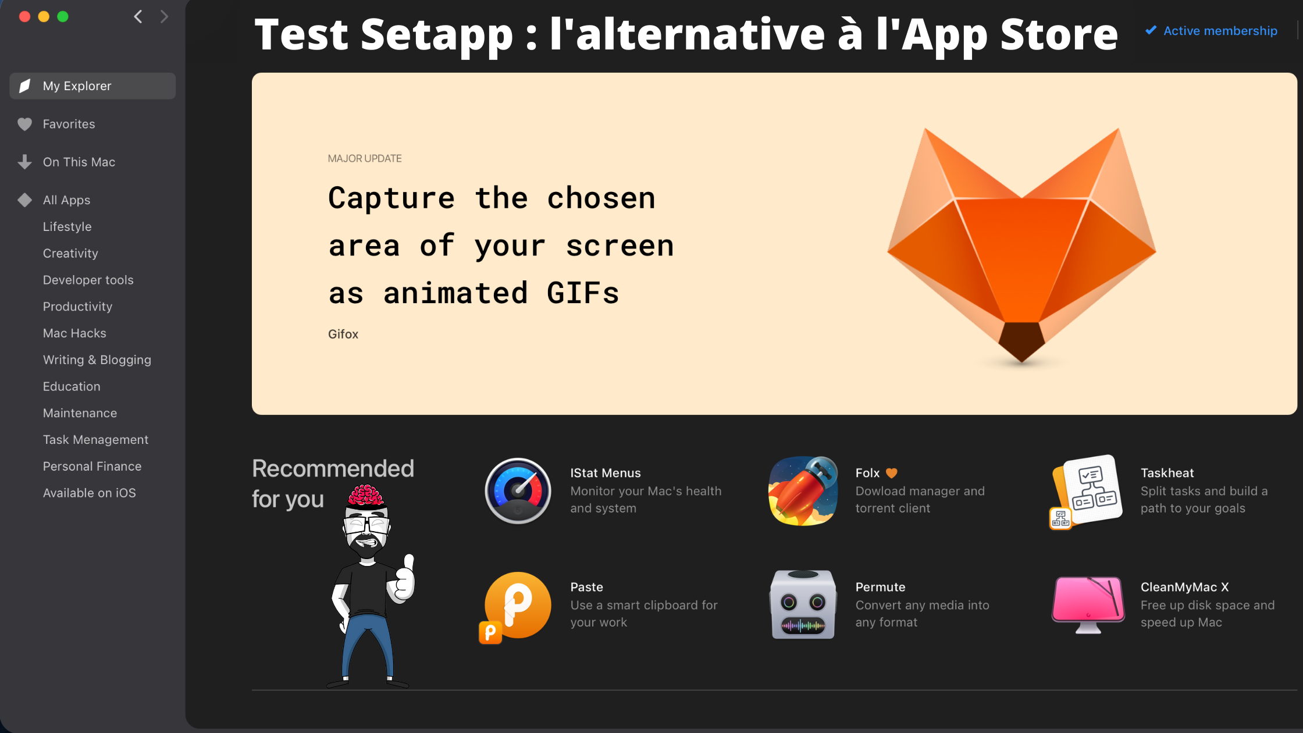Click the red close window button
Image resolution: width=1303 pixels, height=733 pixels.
(24, 16)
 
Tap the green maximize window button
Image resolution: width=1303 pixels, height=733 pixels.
(63, 16)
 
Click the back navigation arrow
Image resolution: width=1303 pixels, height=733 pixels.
(138, 16)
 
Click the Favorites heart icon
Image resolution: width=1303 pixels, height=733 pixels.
(24, 124)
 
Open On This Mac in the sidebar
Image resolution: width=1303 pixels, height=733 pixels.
(79, 162)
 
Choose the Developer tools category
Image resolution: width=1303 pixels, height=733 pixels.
(88, 280)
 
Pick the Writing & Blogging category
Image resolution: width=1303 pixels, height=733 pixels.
(97, 360)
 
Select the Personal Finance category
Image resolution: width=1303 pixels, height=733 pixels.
(92, 467)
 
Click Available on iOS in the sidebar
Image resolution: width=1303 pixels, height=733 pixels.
(90, 493)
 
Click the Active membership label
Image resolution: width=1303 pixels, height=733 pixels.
(1220, 31)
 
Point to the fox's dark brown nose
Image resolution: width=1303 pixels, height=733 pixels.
(1021, 341)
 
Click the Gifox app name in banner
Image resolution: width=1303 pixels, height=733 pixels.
(343, 335)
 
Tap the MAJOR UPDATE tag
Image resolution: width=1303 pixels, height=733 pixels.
(365, 159)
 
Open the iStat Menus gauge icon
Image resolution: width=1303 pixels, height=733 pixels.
(518, 491)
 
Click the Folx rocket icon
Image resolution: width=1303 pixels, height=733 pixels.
(803, 491)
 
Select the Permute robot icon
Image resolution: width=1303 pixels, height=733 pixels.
(803, 604)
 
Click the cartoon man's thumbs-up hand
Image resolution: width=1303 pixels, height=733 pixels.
(403, 579)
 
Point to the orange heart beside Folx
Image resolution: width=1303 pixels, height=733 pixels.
(891, 474)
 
